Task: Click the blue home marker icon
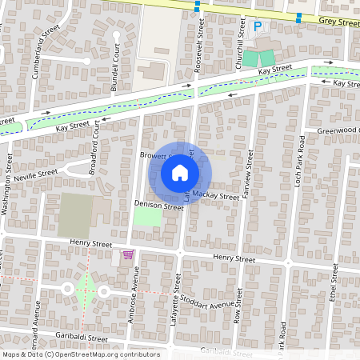(180, 172)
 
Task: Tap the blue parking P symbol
(258, 26)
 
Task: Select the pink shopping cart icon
(127, 254)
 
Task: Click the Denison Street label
(159, 206)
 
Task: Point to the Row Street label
(238, 303)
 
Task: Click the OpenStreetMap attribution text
(80, 354)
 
